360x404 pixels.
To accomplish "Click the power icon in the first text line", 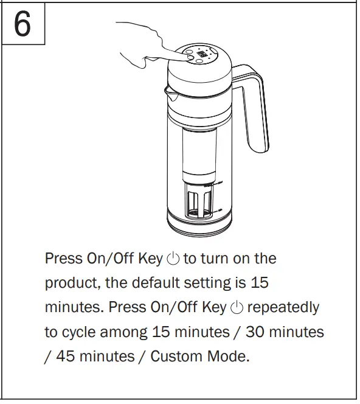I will pyautogui.click(x=173, y=259).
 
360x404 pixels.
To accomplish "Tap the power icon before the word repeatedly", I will pyautogui.click(x=237, y=308).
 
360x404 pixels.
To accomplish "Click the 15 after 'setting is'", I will pyautogui.click(x=260, y=284).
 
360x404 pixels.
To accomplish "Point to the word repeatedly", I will pyautogui.click(x=283, y=308).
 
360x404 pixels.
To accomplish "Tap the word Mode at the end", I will pyautogui.click(x=229, y=357).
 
